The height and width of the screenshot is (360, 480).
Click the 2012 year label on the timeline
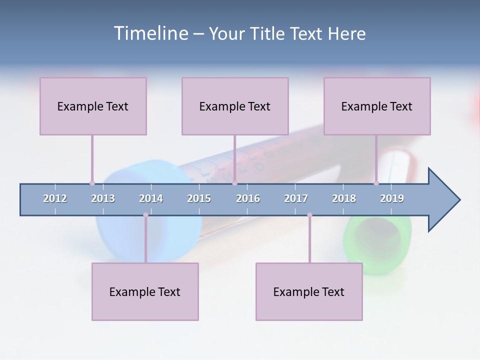click(x=55, y=198)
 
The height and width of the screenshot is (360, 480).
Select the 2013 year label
click(x=103, y=198)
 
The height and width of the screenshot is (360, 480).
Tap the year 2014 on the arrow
click(x=151, y=198)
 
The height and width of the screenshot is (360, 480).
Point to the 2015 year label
click(x=199, y=198)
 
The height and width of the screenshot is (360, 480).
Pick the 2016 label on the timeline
click(x=248, y=198)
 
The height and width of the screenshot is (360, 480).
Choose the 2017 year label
click(x=296, y=198)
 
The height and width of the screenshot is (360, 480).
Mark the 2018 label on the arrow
click(x=344, y=198)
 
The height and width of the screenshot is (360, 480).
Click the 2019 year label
click(x=392, y=198)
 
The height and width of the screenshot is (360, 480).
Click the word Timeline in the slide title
click(x=150, y=33)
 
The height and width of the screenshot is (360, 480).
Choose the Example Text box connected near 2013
click(x=93, y=106)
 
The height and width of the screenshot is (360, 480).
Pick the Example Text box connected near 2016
click(x=235, y=106)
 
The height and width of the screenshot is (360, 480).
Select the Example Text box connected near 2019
click(x=377, y=106)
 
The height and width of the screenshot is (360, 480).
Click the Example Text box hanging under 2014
click(x=145, y=291)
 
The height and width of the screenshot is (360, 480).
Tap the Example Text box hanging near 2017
click(x=309, y=291)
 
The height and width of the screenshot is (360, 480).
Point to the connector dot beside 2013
click(x=92, y=183)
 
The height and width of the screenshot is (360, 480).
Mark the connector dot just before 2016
click(x=234, y=183)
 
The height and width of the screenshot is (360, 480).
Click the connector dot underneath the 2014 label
click(x=145, y=215)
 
